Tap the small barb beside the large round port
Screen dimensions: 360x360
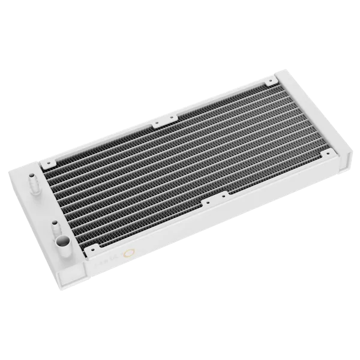[x=55, y=227]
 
